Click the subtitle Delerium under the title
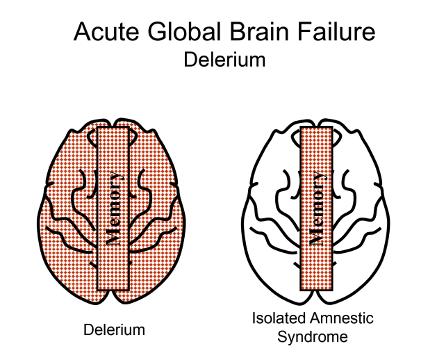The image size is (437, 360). pos(224,60)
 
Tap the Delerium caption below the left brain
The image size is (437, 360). pos(115,329)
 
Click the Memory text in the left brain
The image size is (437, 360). pos(115,208)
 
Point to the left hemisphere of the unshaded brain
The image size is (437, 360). pos(271,229)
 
